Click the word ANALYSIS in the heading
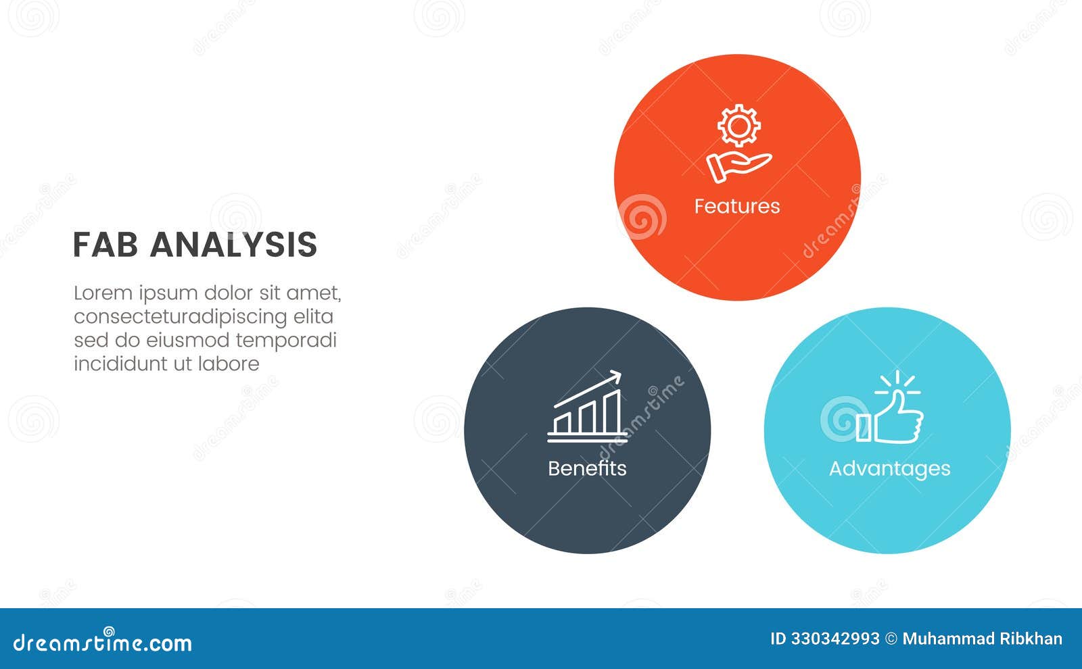(233, 245)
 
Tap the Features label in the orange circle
(737, 206)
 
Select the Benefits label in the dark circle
(587, 468)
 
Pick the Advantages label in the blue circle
(889, 468)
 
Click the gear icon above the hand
(738, 126)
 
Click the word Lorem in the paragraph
(103, 293)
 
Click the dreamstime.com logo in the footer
(103, 642)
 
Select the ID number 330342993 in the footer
(835, 639)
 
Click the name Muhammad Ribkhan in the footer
(982, 639)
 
